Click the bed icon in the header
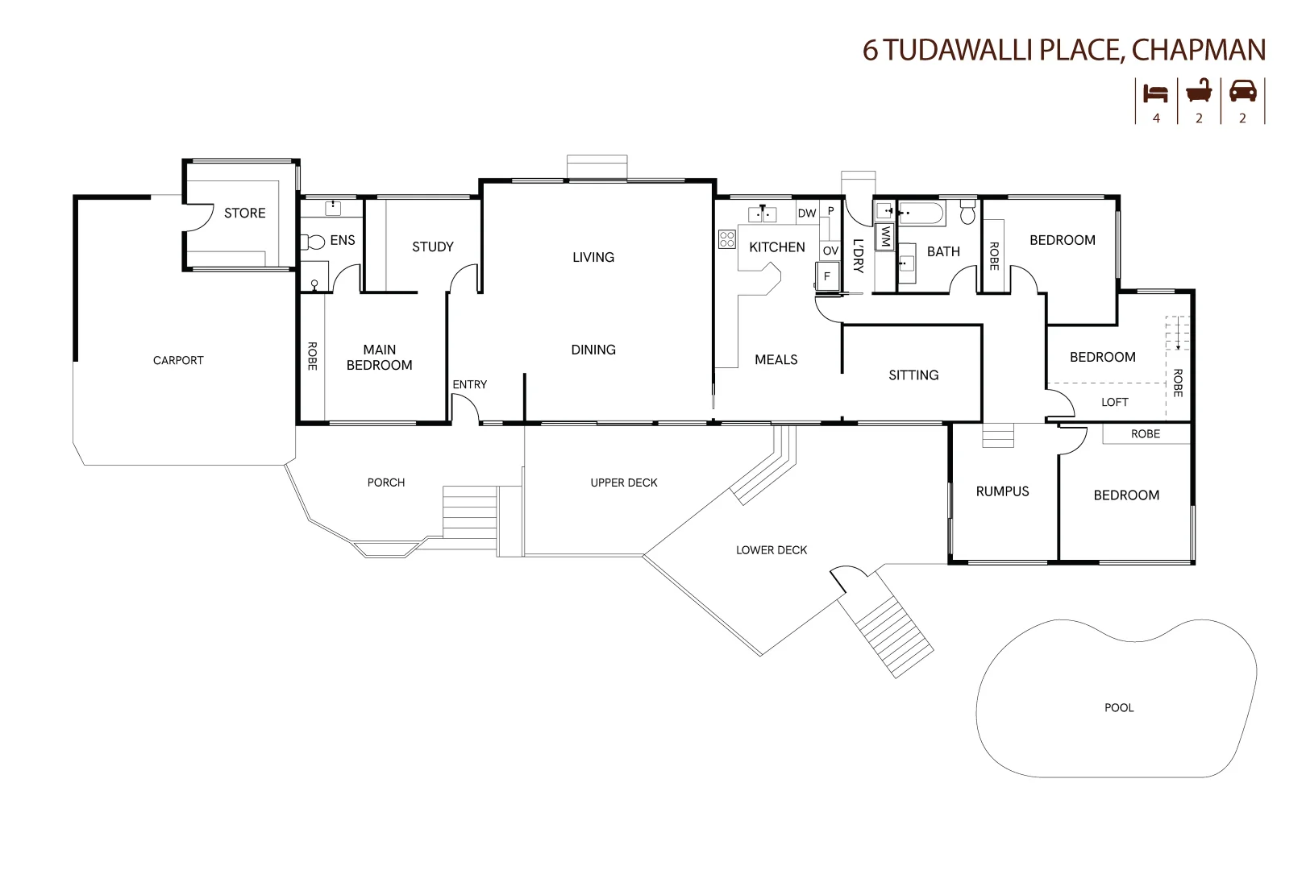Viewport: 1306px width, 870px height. click(1155, 93)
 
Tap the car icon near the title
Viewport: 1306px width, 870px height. click(1242, 91)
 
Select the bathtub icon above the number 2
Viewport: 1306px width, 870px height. click(1199, 91)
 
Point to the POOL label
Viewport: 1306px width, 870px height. click(1118, 707)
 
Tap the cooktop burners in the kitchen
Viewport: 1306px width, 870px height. click(726, 238)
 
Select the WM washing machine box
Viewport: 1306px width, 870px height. click(884, 237)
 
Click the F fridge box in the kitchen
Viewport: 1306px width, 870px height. click(826, 276)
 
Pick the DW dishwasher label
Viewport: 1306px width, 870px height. click(806, 213)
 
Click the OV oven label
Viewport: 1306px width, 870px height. click(830, 251)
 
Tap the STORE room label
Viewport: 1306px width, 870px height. click(244, 213)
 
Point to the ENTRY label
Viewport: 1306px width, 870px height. click(469, 384)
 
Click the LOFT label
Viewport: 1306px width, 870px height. click(1114, 402)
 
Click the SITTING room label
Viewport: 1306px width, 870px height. click(913, 375)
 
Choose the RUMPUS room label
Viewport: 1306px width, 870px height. click(1002, 491)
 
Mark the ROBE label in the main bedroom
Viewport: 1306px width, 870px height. click(312, 356)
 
